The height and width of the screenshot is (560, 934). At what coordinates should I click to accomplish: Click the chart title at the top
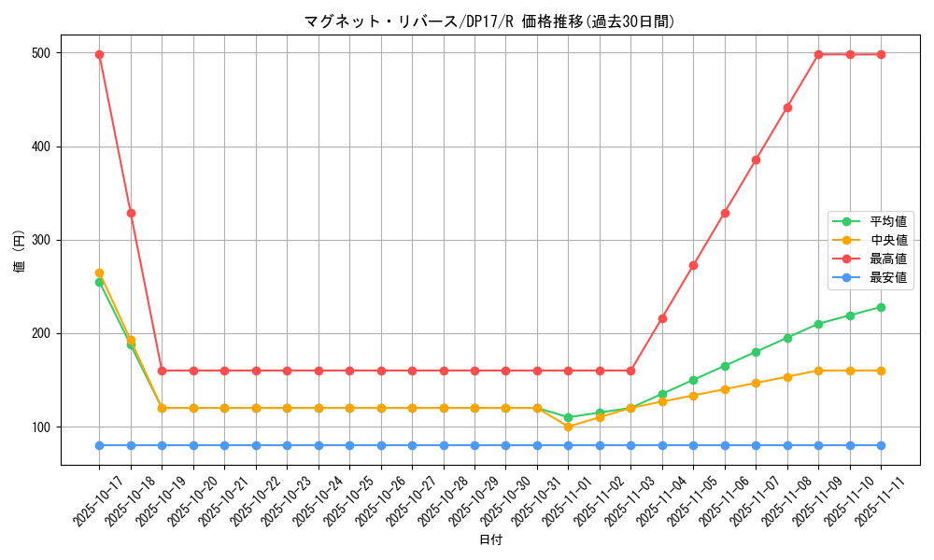[x=489, y=21]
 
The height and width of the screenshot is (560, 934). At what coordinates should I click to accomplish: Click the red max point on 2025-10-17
[x=99, y=54]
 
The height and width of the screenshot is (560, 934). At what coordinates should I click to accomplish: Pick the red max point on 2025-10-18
[x=131, y=213]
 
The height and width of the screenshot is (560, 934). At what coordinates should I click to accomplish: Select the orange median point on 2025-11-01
[x=568, y=427]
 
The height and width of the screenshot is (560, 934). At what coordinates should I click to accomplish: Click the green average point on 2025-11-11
[x=881, y=307]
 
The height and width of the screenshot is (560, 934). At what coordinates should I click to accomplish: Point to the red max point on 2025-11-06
[x=725, y=213]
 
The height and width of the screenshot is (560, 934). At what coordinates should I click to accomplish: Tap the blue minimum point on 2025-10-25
[x=349, y=445]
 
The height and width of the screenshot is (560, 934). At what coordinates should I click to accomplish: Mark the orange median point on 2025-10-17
[x=99, y=273]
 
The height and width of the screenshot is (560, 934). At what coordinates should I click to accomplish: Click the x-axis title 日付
[x=490, y=540]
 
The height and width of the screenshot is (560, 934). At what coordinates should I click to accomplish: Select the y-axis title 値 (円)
[x=19, y=252]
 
